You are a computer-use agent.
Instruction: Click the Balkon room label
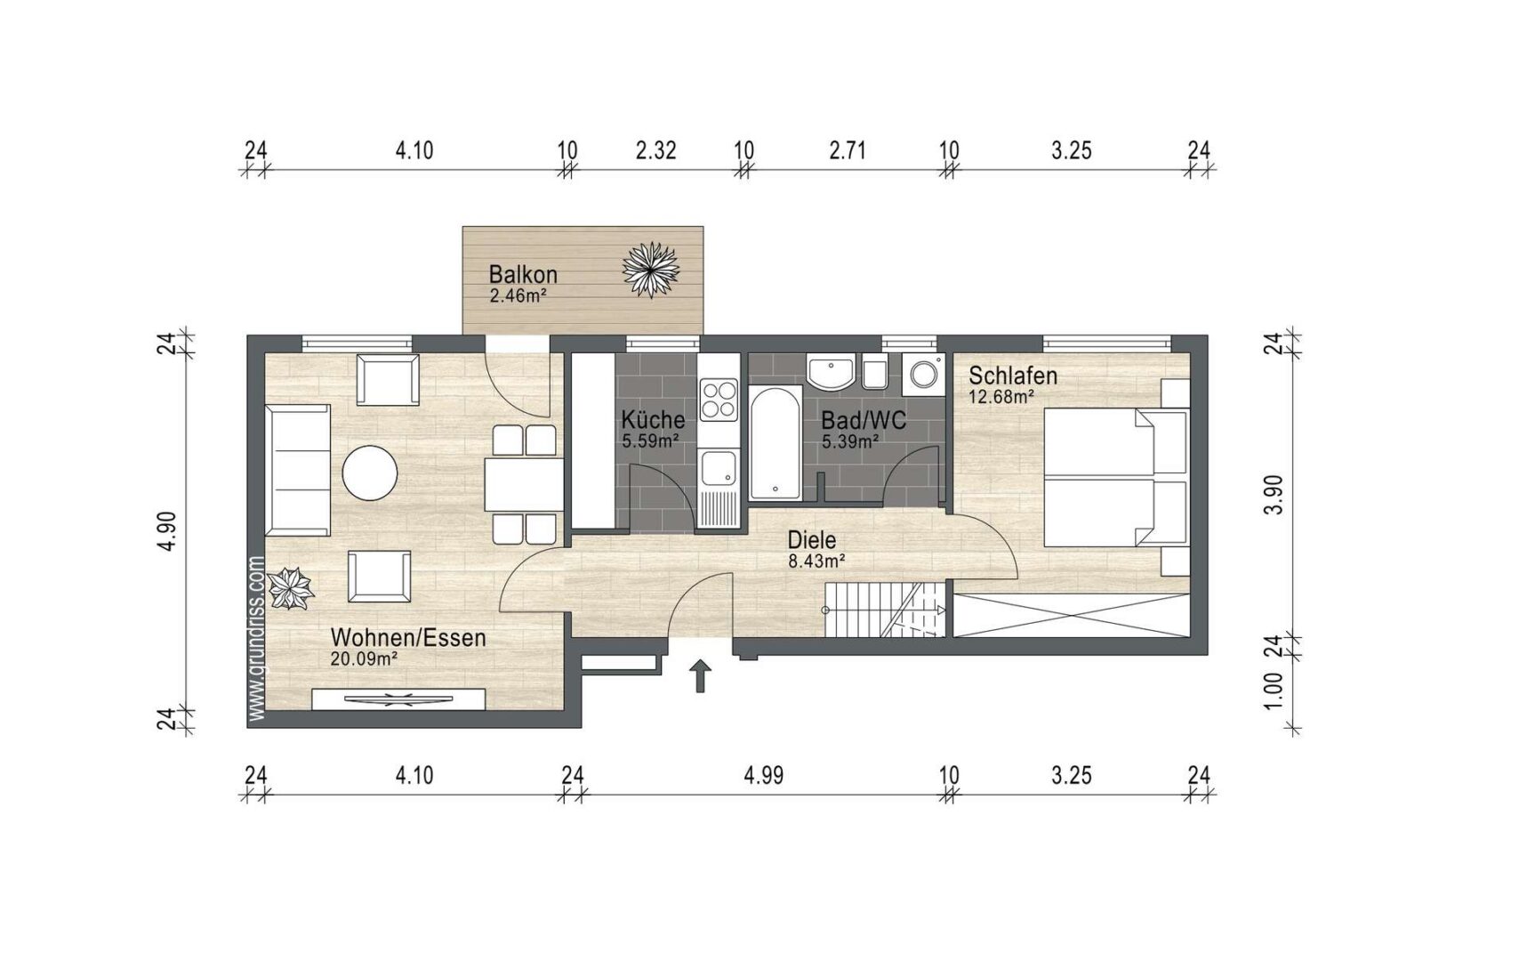523,274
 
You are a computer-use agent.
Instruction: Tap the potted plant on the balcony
651,270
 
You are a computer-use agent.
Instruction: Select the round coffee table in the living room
370,472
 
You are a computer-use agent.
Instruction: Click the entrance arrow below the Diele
701,676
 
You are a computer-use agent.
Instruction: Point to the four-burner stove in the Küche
719,400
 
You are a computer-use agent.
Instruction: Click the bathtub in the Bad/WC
776,442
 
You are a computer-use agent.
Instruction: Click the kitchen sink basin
719,470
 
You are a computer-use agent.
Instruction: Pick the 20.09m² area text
363,659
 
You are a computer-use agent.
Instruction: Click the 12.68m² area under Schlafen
1001,397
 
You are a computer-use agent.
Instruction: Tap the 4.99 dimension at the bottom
763,775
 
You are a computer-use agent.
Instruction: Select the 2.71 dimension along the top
847,149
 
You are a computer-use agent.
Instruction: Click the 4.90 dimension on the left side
168,531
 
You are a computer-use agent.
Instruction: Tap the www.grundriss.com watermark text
257,637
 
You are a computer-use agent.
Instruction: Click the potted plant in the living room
290,588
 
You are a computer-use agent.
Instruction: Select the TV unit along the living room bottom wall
398,699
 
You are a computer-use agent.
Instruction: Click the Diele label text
812,540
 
